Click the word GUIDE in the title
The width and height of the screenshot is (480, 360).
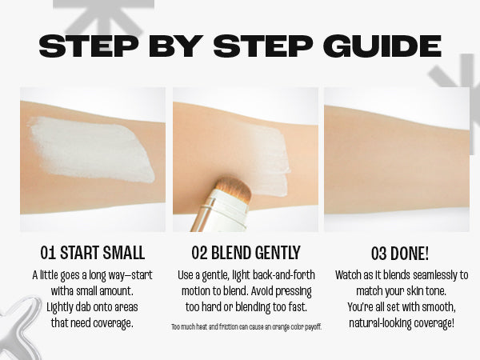point(382,46)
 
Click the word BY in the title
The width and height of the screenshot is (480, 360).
point(176,46)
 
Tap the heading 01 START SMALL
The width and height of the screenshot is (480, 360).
point(93,253)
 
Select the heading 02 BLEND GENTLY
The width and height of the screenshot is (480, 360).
point(246,253)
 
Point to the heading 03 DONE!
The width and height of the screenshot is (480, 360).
point(400,254)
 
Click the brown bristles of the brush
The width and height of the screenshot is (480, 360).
point(233,187)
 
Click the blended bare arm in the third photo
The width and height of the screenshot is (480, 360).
point(397,159)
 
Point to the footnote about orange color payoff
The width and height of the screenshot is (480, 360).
point(246,327)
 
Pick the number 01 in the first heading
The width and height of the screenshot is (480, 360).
point(48,253)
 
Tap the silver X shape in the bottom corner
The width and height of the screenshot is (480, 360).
point(19,327)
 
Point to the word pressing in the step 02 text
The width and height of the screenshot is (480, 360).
point(294,291)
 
